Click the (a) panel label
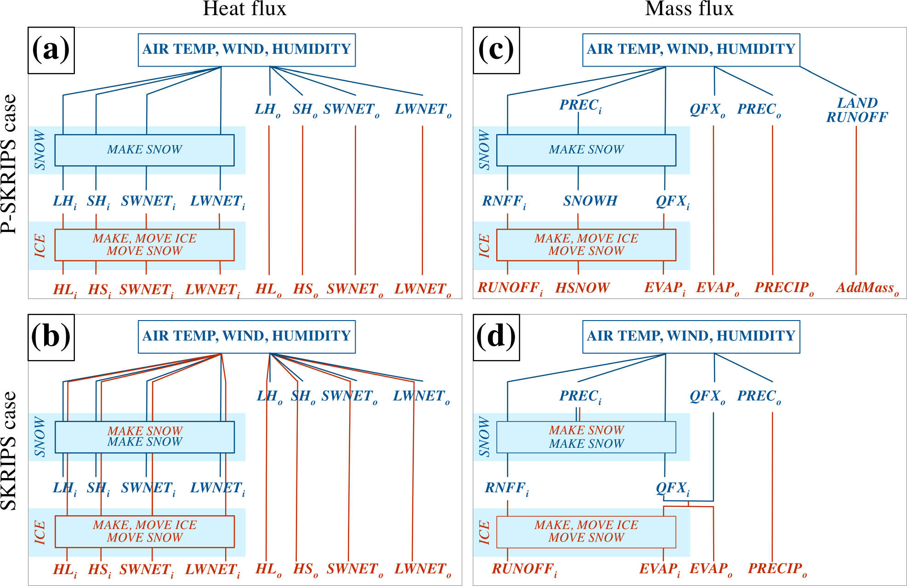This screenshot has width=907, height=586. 51,50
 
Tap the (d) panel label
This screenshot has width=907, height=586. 496,337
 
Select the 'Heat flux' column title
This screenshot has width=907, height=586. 244,9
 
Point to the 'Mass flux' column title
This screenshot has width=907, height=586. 689,9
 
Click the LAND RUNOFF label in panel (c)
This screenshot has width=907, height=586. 857,110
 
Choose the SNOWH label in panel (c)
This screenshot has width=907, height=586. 590,201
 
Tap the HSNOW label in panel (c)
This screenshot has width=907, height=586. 582,288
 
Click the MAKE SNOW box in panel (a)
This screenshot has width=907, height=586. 144,150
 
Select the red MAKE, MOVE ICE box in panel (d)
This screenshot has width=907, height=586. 586,531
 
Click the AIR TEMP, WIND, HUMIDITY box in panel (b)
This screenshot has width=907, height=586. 247,336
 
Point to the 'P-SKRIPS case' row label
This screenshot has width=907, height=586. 9,164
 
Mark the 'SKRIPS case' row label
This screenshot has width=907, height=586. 9,451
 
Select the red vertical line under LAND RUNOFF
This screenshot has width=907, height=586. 856,200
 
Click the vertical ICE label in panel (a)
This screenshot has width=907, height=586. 40,246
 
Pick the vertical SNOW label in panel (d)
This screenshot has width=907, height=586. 484,437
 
